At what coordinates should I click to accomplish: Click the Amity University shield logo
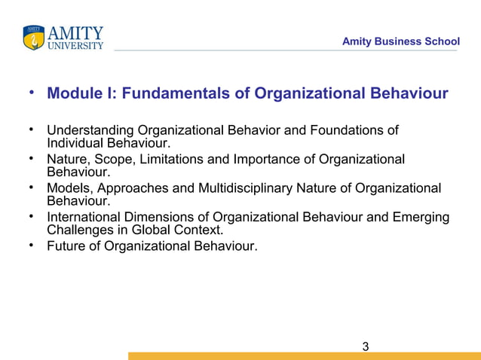coord(34,38)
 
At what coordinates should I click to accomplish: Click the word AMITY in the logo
coord(75,33)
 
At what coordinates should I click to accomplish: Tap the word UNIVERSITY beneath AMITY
coord(75,46)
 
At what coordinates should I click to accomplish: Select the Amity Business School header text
coord(400,41)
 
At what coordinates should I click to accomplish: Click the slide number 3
coord(366,347)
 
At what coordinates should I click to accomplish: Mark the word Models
coord(67,188)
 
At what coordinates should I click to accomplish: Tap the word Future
coord(66,246)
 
